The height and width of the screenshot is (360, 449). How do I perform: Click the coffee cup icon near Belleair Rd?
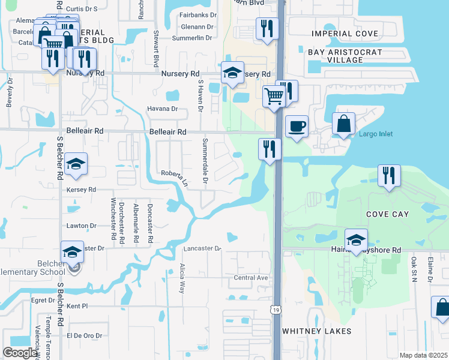pos(297,127)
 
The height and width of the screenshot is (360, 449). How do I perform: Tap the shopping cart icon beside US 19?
pos(274,95)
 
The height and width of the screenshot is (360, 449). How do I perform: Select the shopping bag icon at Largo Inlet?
pos(344,124)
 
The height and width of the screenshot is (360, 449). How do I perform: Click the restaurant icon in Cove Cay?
pos(389,175)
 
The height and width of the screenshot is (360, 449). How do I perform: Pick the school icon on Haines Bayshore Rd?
pos(356,239)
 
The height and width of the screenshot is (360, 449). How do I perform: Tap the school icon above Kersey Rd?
pos(76,164)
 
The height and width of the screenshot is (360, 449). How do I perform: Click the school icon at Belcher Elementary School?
pos(72,252)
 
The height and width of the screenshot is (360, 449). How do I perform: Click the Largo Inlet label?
pos(376,134)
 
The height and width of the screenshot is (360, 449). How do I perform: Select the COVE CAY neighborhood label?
pos(388,214)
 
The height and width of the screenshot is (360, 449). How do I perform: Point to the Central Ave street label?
pos(250,278)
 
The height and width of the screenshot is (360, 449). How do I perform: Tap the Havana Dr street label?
pos(162,109)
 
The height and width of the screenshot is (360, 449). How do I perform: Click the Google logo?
pos(20,353)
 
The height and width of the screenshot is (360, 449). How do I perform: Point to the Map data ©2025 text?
pos(423,355)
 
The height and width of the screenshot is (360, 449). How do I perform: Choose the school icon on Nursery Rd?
pos(232,73)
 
